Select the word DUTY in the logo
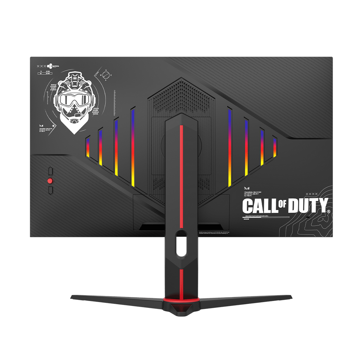[x=308, y=206]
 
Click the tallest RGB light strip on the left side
[x=133, y=147]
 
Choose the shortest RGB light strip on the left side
[x=87, y=148]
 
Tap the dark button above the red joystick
[x=50, y=170]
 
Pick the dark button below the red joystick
[x=50, y=190]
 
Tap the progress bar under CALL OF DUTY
[x=266, y=217]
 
